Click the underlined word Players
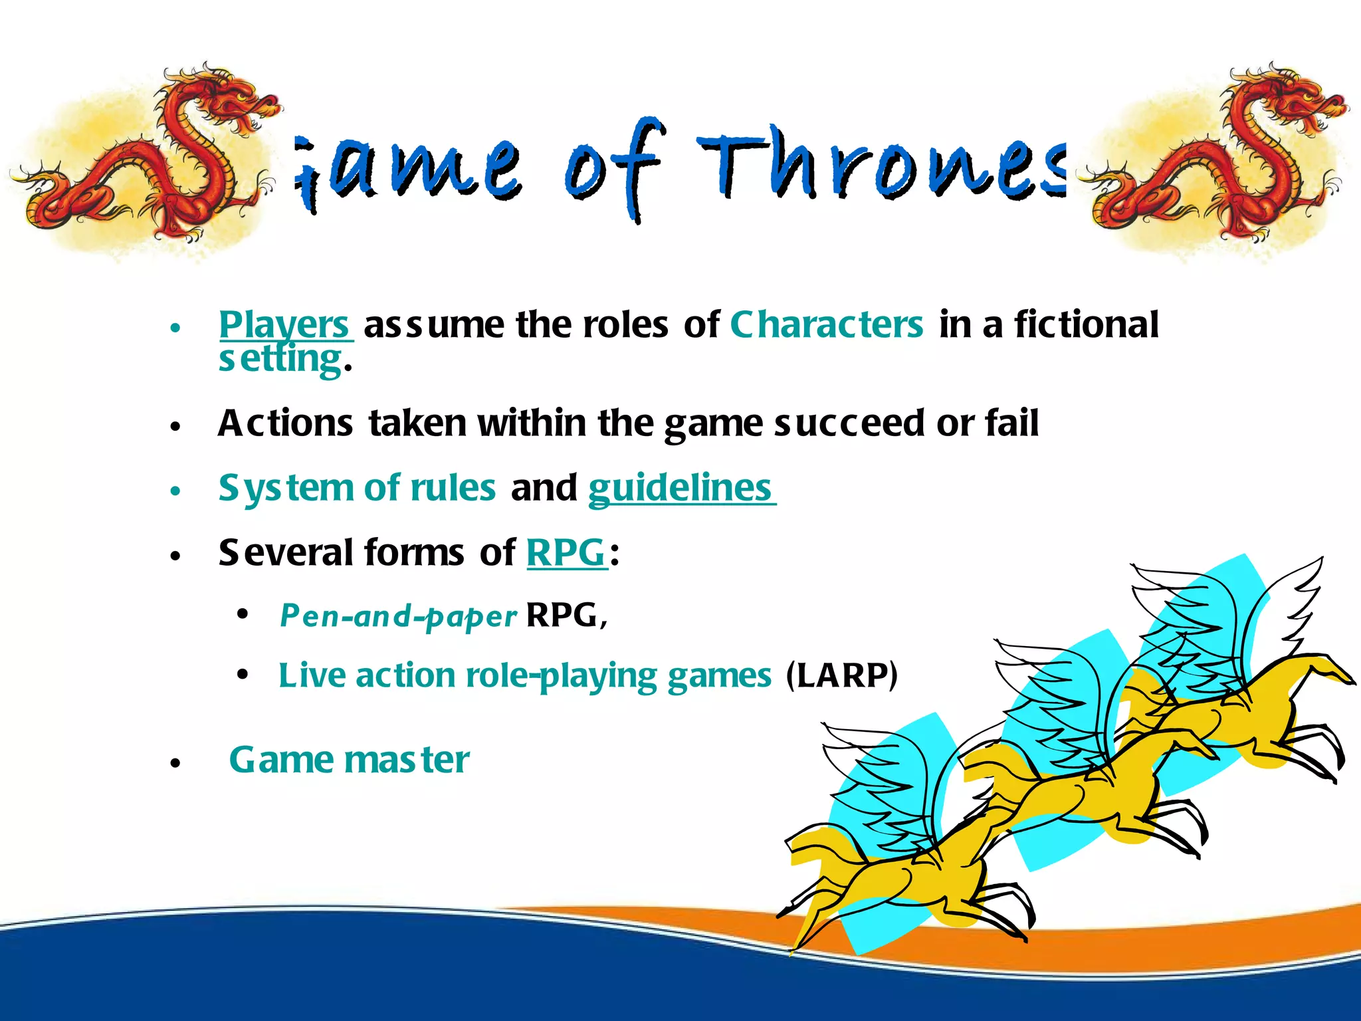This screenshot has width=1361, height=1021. pos(284,324)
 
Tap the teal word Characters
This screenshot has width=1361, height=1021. pos(827,324)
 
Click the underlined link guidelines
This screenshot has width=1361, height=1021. pos(680,489)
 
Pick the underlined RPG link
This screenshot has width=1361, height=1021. pos(566,552)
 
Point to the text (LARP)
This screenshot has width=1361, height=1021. pos(841,675)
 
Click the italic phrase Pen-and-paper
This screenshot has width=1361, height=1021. pos(397,616)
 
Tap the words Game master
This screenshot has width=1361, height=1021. pos(349,760)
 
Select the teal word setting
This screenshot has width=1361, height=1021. pos(280,360)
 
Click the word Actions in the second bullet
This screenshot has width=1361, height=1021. pos(285,423)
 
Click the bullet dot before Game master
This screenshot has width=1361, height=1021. pos(175,763)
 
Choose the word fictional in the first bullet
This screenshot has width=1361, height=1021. pos(1086,324)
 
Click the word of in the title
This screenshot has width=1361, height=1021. pos(611,166)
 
